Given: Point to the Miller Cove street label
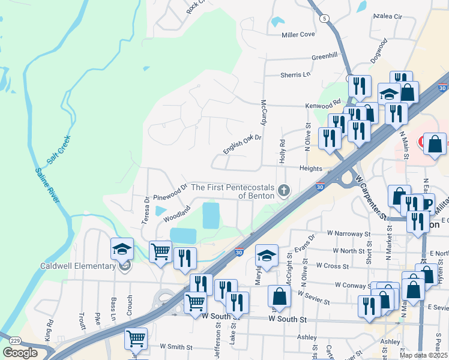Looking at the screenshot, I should click(x=298, y=35).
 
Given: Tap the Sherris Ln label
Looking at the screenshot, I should click(x=295, y=75).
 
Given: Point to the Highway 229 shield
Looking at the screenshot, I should click(x=14, y=341).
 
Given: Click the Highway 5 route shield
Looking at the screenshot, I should click(x=324, y=19).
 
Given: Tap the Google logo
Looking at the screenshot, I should click(x=20, y=353).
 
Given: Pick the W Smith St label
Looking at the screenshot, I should click(x=175, y=347).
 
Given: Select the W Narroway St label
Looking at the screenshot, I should click(x=349, y=233).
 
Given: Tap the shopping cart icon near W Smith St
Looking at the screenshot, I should click(x=136, y=338).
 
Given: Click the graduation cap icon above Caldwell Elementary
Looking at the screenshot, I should click(x=122, y=248).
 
